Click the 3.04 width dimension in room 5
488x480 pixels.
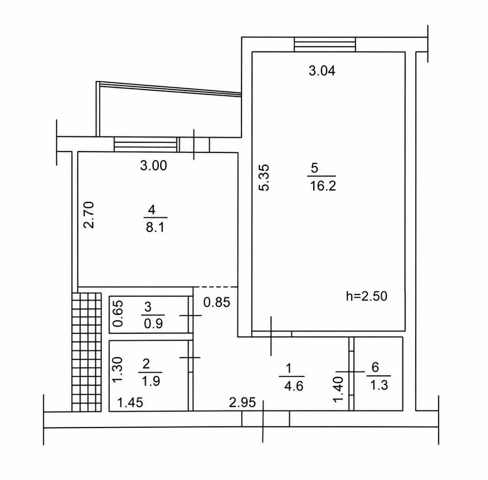pyautogui.click(x=322, y=71)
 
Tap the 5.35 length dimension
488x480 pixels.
pyautogui.click(x=264, y=177)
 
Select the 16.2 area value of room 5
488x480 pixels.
pyautogui.click(x=323, y=186)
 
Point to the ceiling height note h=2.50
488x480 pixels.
pyautogui.click(x=367, y=296)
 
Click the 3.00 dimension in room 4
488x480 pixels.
pyautogui.click(x=154, y=166)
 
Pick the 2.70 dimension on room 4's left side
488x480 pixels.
pyautogui.click(x=89, y=215)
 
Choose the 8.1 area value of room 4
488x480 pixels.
pyautogui.click(x=155, y=228)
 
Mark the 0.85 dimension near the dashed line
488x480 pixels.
pyautogui.click(x=217, y=302)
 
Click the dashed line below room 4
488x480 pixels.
pyautogui.click(x=215, y=287)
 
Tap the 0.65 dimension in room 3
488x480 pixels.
pyautogui.click(x=118, y=314)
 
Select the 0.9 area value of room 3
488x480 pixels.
pyautogui.click(x=153, y=324)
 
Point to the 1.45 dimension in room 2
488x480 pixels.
pyautogui.click(x=130, y=402)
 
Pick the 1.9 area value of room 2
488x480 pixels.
pyautogui.click(x=151, y=381)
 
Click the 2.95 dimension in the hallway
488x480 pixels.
pyautogui.click(x=242, y=402)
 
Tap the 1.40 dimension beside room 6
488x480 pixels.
pyautogui.click(x=339, y=389)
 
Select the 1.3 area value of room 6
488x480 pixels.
pyautogui.click(x=379, y=386)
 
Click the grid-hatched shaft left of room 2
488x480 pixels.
pyautogui.click(x=87, y=352)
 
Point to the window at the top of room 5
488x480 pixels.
pyautogui.click(x=325, y=45)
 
